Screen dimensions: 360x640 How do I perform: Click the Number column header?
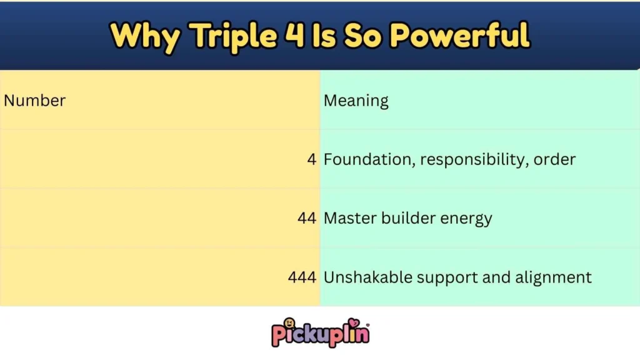(35, 100)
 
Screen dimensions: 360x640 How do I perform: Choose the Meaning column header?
(356, 100)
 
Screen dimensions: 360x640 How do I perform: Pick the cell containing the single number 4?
(311, 159)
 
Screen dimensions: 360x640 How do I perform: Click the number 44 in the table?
(307, 219)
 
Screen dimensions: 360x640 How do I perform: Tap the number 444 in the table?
(302, 277)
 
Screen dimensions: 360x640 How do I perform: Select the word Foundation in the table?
(368, 159)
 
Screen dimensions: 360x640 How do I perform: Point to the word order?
(555, 159)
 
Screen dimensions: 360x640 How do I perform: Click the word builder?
(401, 219)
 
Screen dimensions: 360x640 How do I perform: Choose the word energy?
(463, 219)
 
